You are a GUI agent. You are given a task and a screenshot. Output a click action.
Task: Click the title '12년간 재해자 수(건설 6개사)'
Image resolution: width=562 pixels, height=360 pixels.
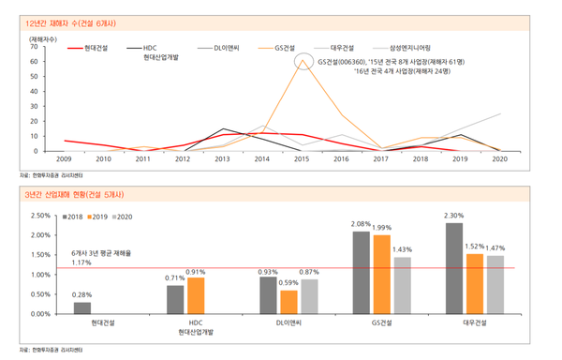(x=79, y=20)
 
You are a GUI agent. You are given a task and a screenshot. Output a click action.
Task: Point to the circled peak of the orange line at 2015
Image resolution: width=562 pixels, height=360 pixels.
(x=303, y=62)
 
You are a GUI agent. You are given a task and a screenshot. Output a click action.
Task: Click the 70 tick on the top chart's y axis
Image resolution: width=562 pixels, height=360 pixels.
(x=34, y=46)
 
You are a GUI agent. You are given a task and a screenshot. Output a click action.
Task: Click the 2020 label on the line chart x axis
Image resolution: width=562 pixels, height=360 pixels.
(x=499, y=160)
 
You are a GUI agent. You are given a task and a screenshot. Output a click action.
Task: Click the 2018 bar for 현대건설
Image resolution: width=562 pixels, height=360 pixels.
(x=82, y=307)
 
